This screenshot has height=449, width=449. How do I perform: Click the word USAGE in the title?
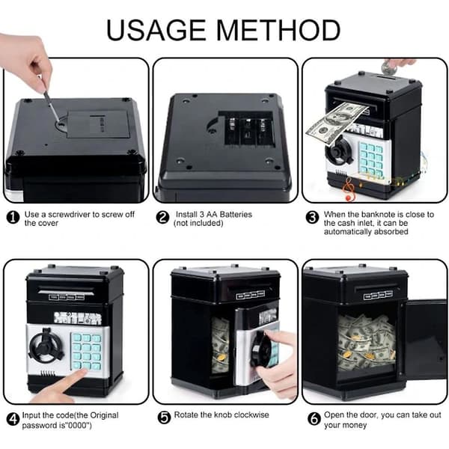pos(156,30)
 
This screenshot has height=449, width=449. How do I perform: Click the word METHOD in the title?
pos(278,30)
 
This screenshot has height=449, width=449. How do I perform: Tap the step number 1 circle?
pos(13,219)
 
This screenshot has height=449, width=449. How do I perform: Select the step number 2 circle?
pos(162,218)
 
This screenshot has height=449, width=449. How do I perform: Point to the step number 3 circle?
pos(312,218)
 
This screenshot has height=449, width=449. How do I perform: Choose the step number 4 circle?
pos(13,420)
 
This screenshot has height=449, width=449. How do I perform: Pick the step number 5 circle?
pos(164,418)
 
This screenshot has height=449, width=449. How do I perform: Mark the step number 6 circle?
pos(314,419)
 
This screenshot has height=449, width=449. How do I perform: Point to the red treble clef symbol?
pos(349,188)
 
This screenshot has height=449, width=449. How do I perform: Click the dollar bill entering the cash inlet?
pos(337,123)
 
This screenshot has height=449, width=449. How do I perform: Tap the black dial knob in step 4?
pos(46,344)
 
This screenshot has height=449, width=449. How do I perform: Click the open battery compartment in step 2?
pos(246,128)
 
